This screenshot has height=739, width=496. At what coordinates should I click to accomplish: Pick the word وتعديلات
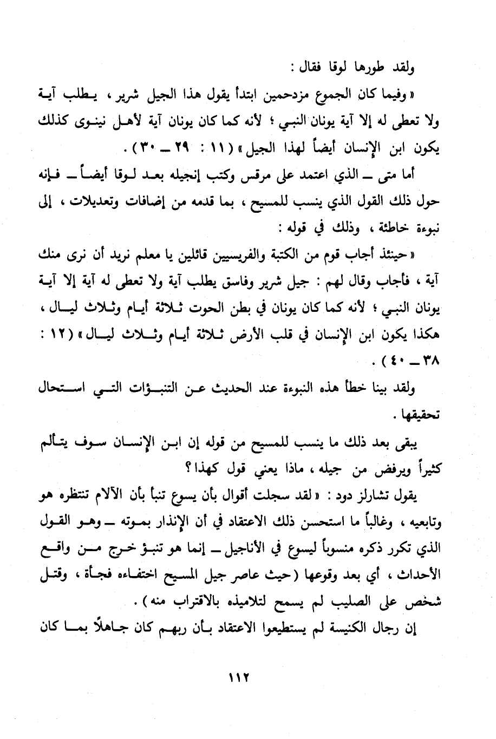tap(88, 202)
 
